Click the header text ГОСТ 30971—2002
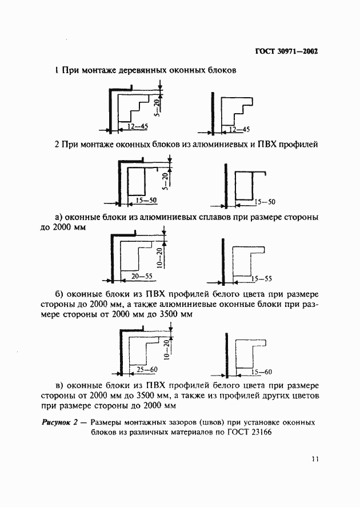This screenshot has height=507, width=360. tap(286, 51)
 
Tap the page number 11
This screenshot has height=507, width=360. tap(314, 458)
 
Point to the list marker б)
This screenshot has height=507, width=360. tap(59, 294)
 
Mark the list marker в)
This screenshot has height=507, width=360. tap(58, 385)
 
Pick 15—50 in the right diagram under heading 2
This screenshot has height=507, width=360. tap(264, 202)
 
